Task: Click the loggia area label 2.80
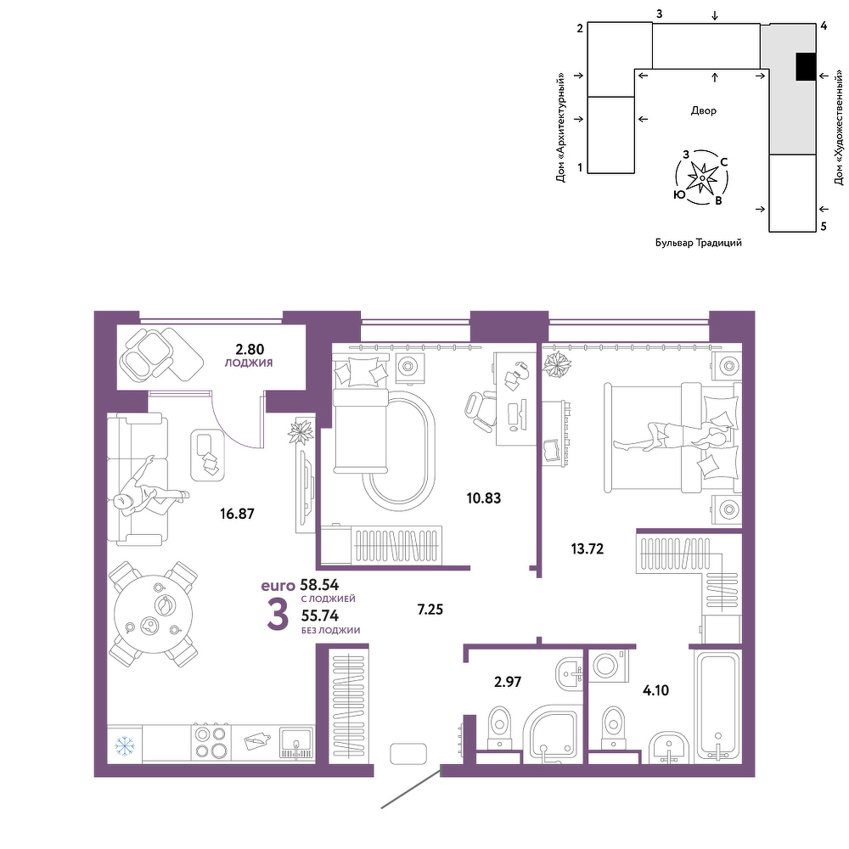[250, 349]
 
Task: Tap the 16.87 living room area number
[237, 514]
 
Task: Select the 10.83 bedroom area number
[484, 498]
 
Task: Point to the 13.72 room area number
[587, 548]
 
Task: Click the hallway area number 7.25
[430, 610]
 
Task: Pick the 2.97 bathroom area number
[508, 682]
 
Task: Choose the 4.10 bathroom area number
[655, 690]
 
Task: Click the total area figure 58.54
[319, 585]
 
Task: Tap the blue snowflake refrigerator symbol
[125, 746]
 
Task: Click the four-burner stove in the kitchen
[211, 742]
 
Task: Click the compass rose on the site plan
[702, 177]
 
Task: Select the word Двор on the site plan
[703, 110]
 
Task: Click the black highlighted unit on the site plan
[806, 66]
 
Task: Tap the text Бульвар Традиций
[699, 243]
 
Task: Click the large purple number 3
[278, 616]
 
